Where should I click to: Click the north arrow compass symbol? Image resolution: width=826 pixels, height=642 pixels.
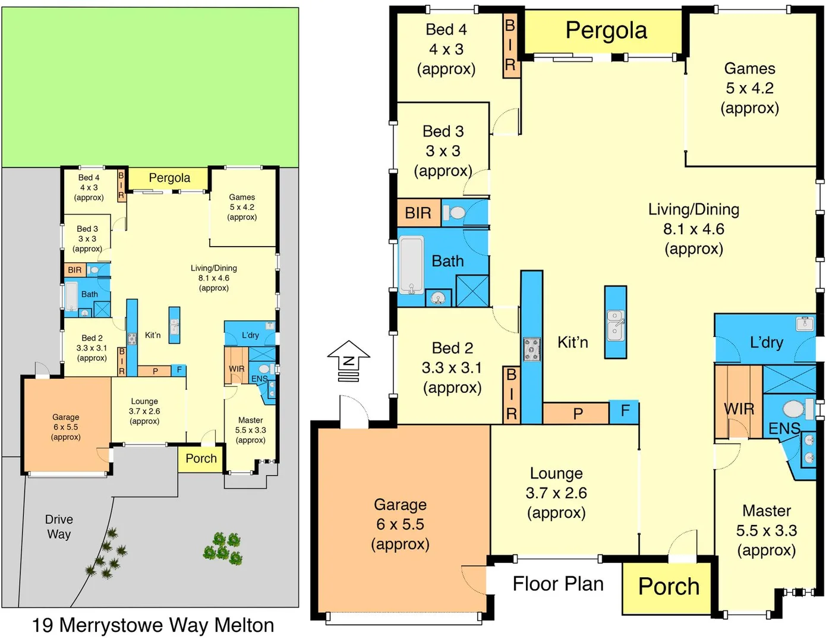coord(348,361)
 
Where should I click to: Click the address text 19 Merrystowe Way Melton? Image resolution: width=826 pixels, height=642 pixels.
coord(153,625)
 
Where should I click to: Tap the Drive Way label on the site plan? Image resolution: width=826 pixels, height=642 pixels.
coord(59,527)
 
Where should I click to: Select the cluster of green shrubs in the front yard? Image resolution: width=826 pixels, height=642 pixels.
coord(223,547)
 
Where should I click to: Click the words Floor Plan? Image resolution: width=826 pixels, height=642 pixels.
coord(557,584)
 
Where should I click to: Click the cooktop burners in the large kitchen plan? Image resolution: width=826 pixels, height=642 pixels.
coord(531,350)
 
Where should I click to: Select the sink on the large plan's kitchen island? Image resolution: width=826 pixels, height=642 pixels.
coord(616,325)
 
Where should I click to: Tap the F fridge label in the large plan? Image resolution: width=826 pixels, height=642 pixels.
coord(625,411)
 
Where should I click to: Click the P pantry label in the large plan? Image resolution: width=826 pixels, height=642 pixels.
coord(578,414)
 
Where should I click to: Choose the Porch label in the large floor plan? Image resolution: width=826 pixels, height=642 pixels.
coord(668,586)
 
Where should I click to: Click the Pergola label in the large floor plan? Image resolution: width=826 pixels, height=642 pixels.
coord(606,30)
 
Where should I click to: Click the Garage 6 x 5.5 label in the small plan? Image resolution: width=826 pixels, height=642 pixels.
coord(65,427)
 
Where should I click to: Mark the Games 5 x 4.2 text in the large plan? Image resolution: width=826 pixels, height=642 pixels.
coord(749,88)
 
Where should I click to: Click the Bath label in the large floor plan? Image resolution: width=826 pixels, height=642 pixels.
coord(447,261)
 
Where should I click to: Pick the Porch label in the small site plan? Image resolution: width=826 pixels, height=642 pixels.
coord(201,458)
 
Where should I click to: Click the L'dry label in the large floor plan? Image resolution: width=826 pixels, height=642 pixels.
coord(766,342)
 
